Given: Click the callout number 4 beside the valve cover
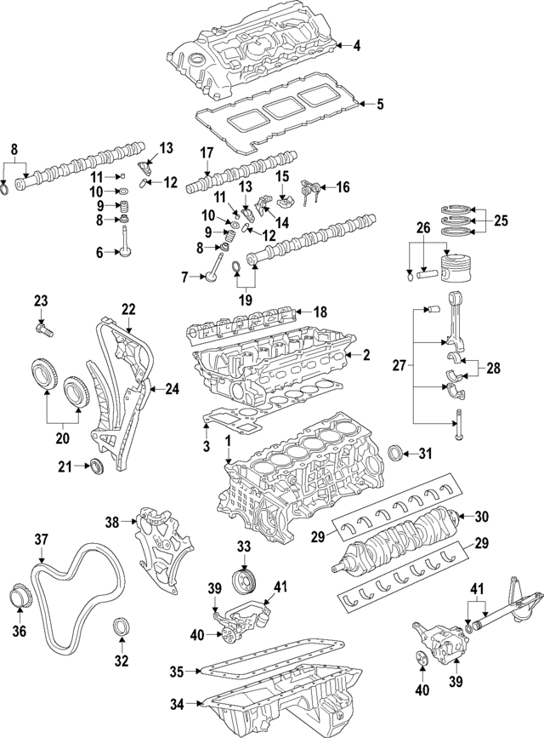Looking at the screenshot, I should click(x=357, y=46).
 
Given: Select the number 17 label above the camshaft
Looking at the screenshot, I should click(x=206, y=154).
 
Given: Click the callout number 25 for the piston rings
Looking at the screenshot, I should click(x=501, y=221).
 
